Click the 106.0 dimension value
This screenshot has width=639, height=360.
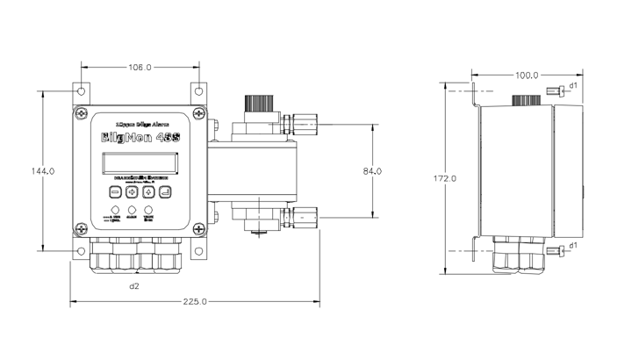(x=140, y=67)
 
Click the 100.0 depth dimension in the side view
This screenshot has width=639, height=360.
(x=527, y=76)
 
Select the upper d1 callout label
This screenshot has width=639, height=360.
(x=572, y=85)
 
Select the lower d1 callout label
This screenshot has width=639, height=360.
(x=572, y=244)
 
